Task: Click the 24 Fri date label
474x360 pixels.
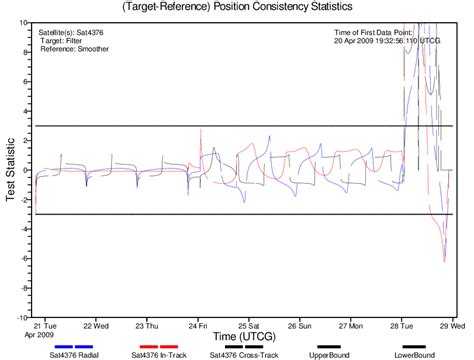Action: tap(197, 325)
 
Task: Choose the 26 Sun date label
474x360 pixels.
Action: tap(299, 325)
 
